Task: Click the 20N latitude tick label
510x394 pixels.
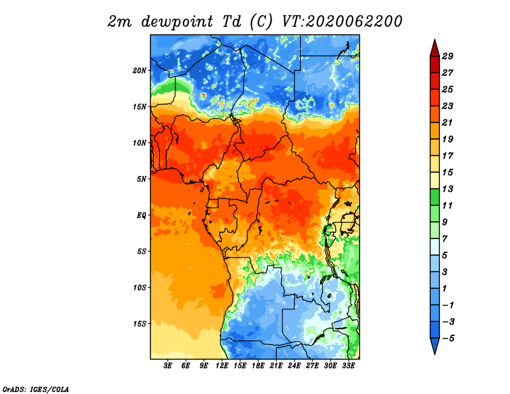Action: (x=140, y=71)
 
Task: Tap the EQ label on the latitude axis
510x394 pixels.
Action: (x=142, y=215)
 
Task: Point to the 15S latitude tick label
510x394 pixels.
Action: (x=140, y=324)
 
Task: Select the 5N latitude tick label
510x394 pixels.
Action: (x=142, y=179)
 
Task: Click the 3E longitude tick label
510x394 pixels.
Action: (x=168, y=366)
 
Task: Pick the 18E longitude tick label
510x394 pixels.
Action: (x=258, y=366)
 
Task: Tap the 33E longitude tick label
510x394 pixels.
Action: (x=348, y=366)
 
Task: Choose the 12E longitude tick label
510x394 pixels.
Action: (x=222, y=366)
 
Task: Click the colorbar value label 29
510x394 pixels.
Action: (x=448, y=56)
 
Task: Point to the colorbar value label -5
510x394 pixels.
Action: (x=448, y=339)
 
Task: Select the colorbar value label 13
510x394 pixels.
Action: (x=448, y=189)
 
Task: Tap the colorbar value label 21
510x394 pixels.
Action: (x=448, y=122)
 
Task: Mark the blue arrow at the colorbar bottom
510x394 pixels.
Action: (x=435, y=346)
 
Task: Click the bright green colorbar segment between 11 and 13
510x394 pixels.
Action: (x=435, y=197)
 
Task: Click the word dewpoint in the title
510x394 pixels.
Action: (x=177, y=22)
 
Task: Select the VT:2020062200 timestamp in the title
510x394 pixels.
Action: (x=342, y=22)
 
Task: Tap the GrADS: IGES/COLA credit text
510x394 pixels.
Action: (x=36, y=390)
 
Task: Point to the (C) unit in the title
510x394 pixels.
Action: (x=261, y=22)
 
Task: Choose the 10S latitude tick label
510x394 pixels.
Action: (x=140, y=288)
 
